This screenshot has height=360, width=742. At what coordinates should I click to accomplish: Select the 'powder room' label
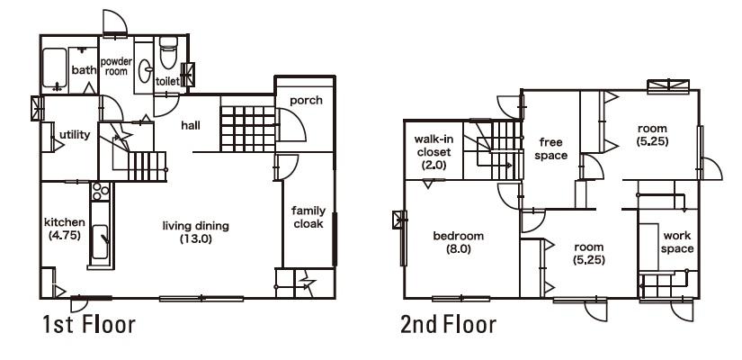116,65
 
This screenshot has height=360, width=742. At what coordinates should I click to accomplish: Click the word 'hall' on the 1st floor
190,125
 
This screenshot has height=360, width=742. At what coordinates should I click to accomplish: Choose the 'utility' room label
74,135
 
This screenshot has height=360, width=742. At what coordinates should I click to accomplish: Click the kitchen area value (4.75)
64,235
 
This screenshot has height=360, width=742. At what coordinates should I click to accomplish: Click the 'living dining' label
196,226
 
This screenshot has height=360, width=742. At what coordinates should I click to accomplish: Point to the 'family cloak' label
308,217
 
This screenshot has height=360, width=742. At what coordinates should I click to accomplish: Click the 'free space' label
552,148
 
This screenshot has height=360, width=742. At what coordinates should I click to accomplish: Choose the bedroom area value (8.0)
458,249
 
